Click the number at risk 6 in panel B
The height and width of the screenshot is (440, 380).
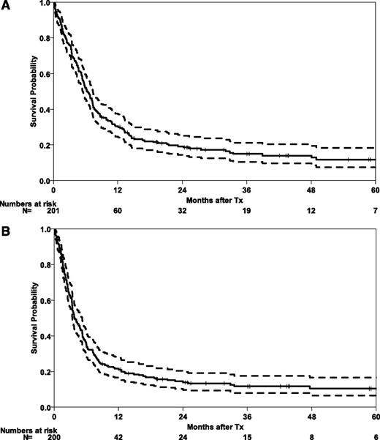coord(373,434)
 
